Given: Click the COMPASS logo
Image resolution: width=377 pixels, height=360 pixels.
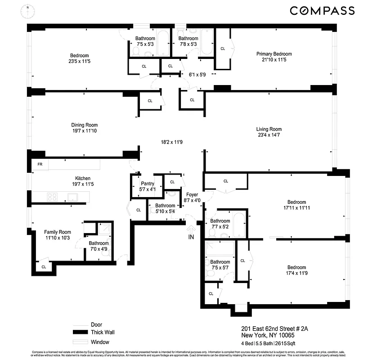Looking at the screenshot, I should pos(322,11).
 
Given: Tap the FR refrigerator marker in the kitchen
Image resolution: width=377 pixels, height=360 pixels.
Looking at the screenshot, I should pos(40,164).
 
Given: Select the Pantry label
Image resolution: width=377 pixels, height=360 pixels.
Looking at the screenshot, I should pos(148,184).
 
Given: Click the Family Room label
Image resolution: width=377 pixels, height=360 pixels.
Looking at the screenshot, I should pos(58,232).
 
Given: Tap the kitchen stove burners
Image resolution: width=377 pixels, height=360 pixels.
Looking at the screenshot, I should pos(52,197).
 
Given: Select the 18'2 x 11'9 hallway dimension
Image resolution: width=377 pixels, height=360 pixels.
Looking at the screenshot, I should pos(172,142).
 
